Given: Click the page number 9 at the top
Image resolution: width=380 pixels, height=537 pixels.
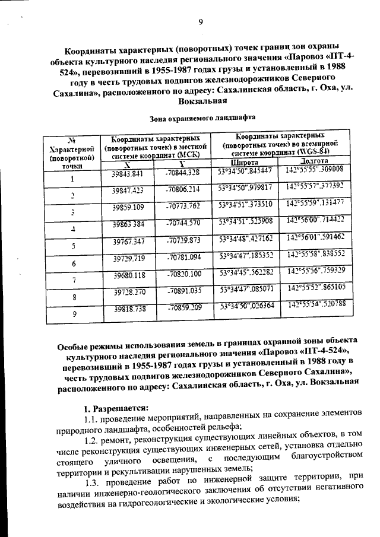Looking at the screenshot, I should (201, 23).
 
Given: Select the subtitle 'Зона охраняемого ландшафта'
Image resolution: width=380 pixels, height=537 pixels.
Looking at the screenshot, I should (202, 118).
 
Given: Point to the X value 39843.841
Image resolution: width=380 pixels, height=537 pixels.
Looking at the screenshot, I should (128, 174).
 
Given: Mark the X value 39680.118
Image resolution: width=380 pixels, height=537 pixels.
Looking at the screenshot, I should (128, 275).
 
